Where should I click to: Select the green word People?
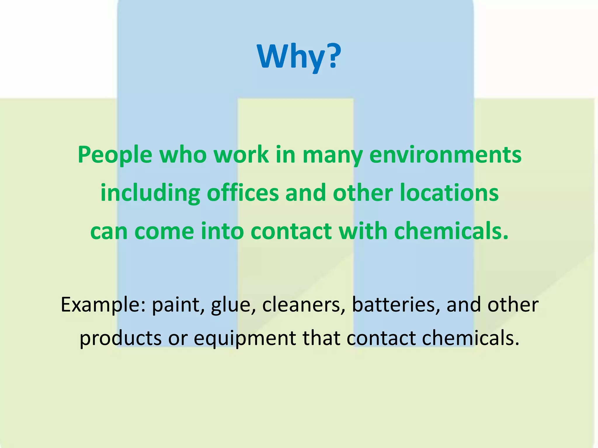point(115,155)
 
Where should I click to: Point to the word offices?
point(243,193)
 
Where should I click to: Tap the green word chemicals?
point(451,231)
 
